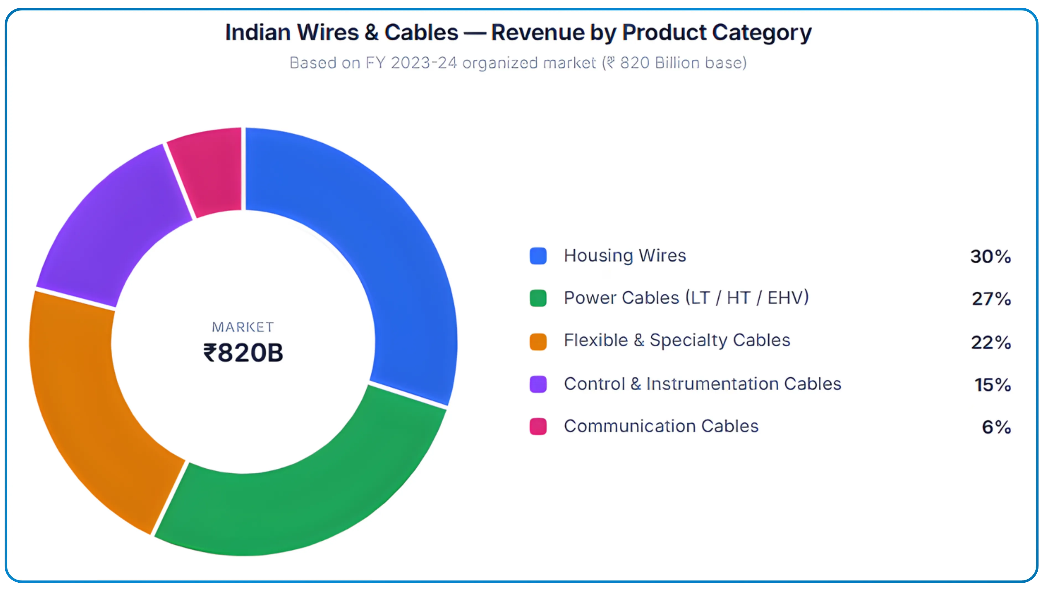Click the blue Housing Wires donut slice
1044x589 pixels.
(389, 243)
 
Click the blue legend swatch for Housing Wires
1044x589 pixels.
(538, 256)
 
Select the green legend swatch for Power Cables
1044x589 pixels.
(538, 298)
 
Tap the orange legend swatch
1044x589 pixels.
(538, 341)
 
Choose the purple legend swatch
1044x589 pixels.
(538, 384)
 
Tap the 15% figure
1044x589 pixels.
(992, 385)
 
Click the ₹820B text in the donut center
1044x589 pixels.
(243, 353)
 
